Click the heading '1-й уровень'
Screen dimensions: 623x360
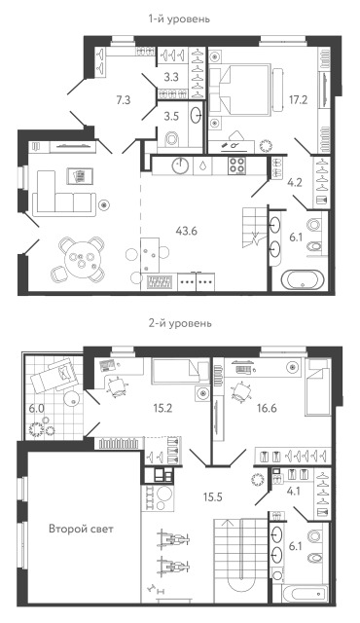click(x=179, y=18)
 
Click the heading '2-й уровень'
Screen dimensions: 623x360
click(x=179, y=322)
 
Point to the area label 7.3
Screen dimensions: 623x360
click(x=123, y=99)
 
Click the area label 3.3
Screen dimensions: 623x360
click(x=170, y=75)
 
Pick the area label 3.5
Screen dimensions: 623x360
click(x=169, y=116)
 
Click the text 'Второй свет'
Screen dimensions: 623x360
click(x=83, y=531)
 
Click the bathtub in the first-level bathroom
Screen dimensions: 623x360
click(x=304, y=279)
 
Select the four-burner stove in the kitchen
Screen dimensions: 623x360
click(x=239, y=165)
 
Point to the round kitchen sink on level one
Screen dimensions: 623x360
click(x=181, y=165)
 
